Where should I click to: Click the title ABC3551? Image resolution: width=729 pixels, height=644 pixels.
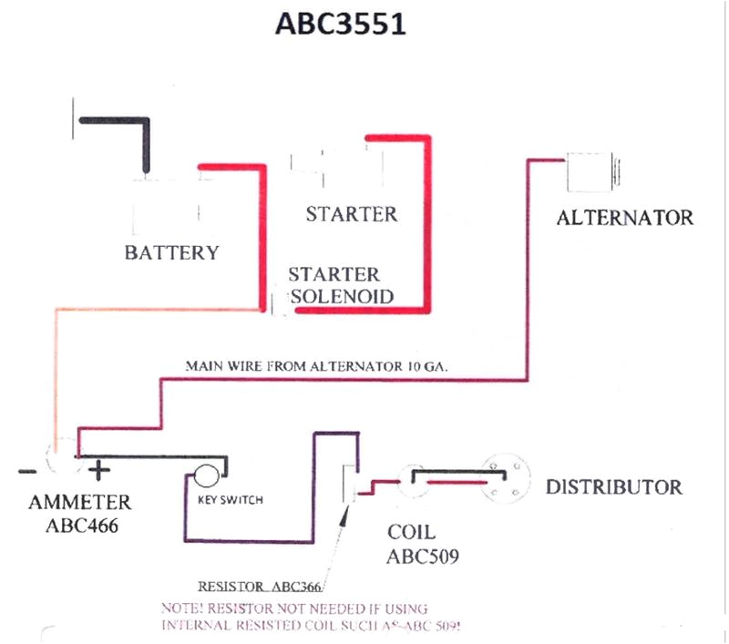click(341, 25)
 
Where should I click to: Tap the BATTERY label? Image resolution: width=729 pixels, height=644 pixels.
click(172, 252)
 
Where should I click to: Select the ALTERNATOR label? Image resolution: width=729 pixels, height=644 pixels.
click(624, 218)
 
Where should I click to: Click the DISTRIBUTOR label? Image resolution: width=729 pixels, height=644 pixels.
click(613, 486)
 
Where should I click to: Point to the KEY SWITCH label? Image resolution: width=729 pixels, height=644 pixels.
click(231, 500)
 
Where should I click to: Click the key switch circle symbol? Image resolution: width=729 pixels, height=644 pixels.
click(205, 476)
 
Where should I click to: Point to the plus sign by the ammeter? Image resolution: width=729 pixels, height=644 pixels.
click(98, 471)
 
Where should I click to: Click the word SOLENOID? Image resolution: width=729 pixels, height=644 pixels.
click(342, 296)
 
